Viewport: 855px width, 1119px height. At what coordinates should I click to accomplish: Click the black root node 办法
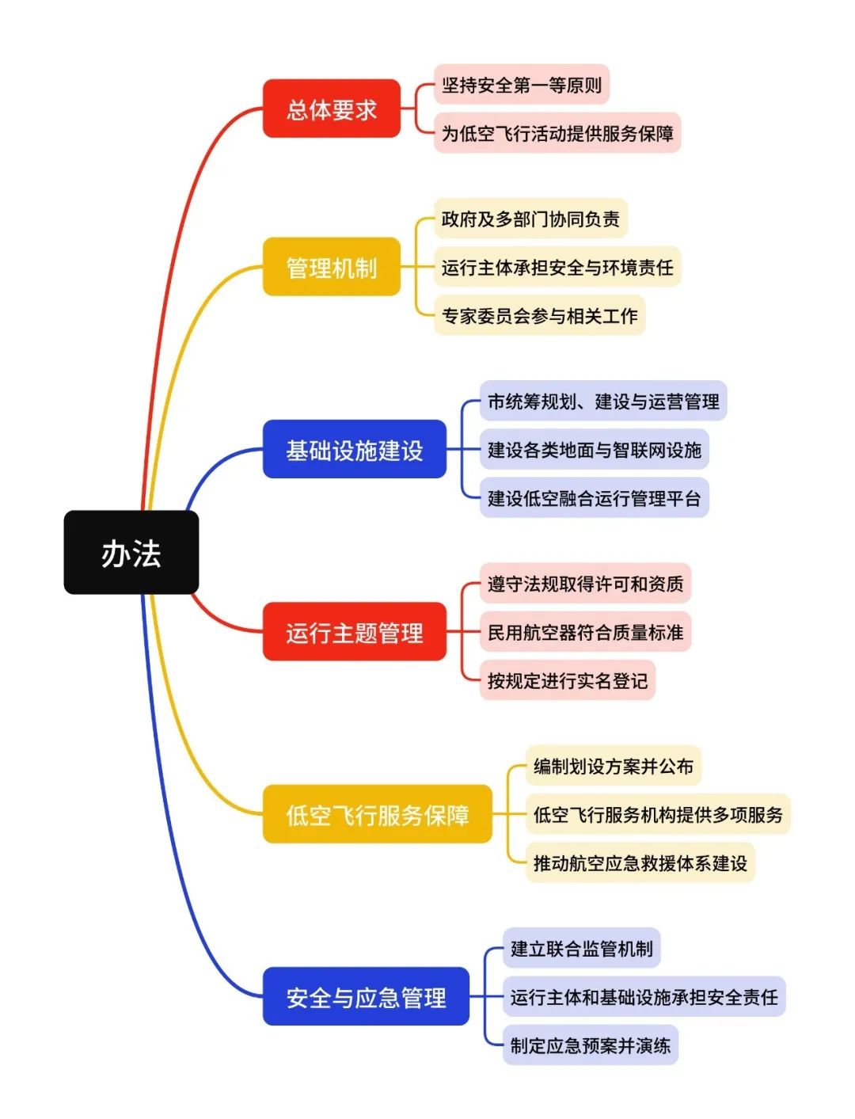[x=131, y=553]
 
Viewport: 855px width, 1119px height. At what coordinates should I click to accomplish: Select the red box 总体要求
[x=332, y=108]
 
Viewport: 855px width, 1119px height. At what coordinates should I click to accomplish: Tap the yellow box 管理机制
[x=332, y=267]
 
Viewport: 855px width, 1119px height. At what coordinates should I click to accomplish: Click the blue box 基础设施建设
[x=355, y=449]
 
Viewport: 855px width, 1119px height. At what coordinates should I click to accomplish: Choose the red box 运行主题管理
[x=355, y=632]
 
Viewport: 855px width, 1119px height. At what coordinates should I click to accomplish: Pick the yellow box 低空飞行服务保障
[x=378, y=814]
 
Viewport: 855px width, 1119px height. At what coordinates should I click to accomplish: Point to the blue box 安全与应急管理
[x=366, y=996]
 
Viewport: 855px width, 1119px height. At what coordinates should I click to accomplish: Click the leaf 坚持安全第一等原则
[x=522, y=85]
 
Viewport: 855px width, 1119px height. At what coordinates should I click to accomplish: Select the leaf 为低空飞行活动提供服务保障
[x=557, y=133]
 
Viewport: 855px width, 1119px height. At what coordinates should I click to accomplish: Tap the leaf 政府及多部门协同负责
[x=530, y=219]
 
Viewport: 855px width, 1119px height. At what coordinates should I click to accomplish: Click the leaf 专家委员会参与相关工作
[x=539, y=315]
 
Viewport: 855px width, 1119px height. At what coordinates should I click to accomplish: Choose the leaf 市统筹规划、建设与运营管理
[x=603, y=401]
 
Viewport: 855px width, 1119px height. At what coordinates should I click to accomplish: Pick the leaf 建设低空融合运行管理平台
[x=594, y=498]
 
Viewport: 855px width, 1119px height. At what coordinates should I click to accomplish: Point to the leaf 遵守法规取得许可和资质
[x=585, y=584]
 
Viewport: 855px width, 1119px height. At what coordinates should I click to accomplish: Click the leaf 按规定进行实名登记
[x=567, y=680]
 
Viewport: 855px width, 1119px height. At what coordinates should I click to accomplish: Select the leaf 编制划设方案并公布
[x=614, y=766]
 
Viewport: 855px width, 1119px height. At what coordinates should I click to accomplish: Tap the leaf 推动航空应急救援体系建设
[x=640, y=862]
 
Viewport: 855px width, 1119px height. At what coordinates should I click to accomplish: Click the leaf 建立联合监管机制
[x=581, y=948]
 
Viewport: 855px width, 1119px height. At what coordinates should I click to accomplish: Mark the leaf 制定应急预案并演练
[x=590, y=1045]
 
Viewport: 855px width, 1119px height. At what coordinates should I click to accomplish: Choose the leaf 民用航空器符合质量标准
[x=585, y=632]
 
